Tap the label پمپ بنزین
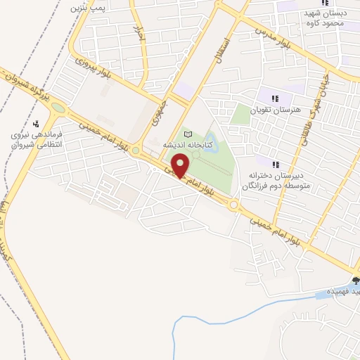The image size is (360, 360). tap(88, 9)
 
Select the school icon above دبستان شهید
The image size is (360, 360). tap(324, 2)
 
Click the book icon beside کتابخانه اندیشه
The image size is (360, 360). tap(187, 134)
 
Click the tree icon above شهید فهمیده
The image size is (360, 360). tap(354, 281)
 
